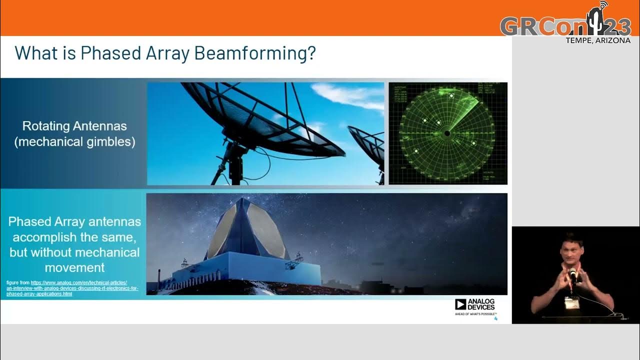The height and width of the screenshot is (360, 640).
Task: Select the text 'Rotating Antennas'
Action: [x=74, y=125]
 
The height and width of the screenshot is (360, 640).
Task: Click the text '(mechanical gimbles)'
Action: [x=74, y=141]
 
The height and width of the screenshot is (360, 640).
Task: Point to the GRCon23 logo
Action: [x=565, y=24]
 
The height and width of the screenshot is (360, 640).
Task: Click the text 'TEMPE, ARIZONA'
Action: [x=597, y=40]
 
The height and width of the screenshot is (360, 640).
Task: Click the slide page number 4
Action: [x=495, y=318]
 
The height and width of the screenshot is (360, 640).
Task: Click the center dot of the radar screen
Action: [x=447, y=133]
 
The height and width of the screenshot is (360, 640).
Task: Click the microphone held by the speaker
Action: [x=572, y=273]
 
